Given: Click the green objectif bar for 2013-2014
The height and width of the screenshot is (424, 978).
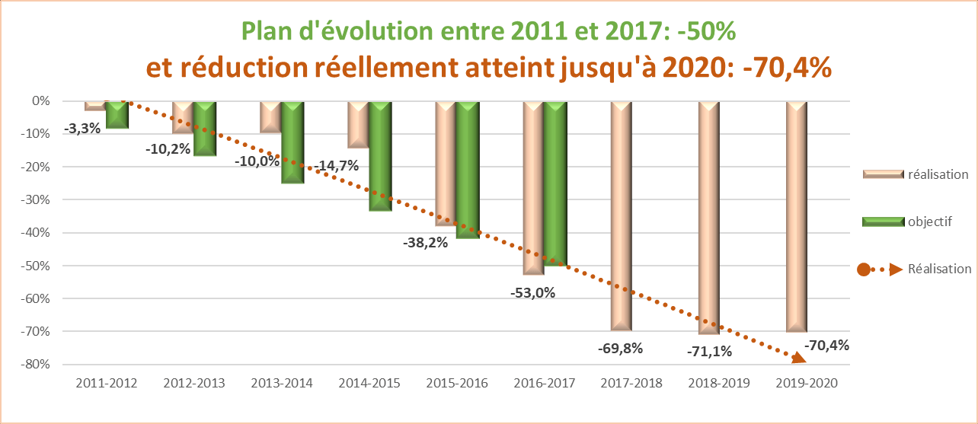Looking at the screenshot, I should click(292, 142).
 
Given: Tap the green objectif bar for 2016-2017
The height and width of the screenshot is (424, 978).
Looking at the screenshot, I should click(555, 183).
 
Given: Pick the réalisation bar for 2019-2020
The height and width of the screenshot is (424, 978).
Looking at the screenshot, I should click(796, 217).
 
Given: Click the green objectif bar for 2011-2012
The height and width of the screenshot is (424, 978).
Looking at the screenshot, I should click(117, 115).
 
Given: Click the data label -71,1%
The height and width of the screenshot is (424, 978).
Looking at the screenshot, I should click(709, 351).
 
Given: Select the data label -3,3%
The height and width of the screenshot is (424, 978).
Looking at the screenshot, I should click(82, 129).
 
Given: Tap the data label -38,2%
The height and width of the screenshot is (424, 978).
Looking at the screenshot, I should click(425, 244).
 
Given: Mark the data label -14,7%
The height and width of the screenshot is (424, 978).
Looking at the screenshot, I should click(336, 165).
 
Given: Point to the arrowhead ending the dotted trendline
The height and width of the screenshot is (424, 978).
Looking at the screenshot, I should click(798, 358).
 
